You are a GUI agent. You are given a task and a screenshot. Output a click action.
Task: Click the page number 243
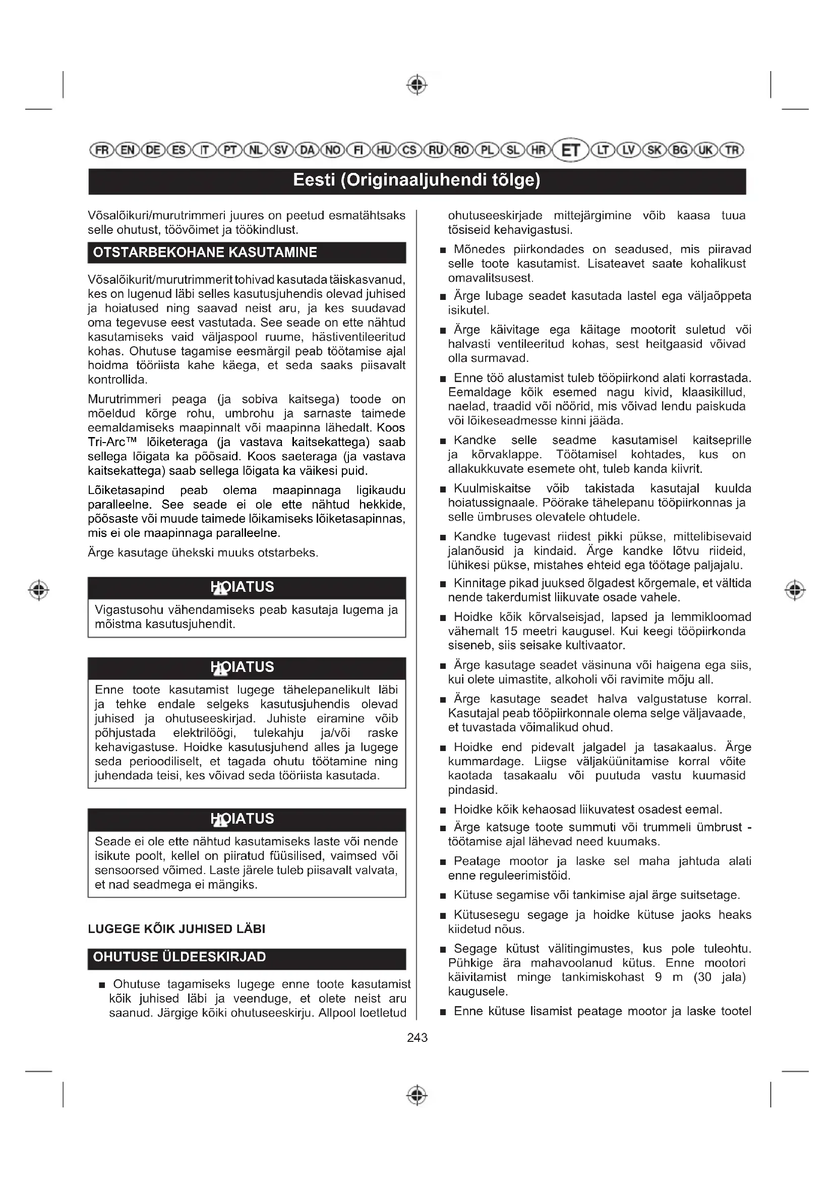[417, 1037]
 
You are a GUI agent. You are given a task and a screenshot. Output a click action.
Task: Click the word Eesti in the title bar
[314, 180]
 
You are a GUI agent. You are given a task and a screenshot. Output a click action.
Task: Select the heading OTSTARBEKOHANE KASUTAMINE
[205, 253]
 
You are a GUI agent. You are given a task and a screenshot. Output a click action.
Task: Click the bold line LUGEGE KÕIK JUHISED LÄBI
[176, 928]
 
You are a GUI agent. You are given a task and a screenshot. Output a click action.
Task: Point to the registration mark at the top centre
[417, 85]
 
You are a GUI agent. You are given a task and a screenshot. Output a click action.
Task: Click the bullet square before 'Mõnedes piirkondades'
[443, 251]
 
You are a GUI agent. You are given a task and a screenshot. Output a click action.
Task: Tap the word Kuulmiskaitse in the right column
[492, 488]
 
